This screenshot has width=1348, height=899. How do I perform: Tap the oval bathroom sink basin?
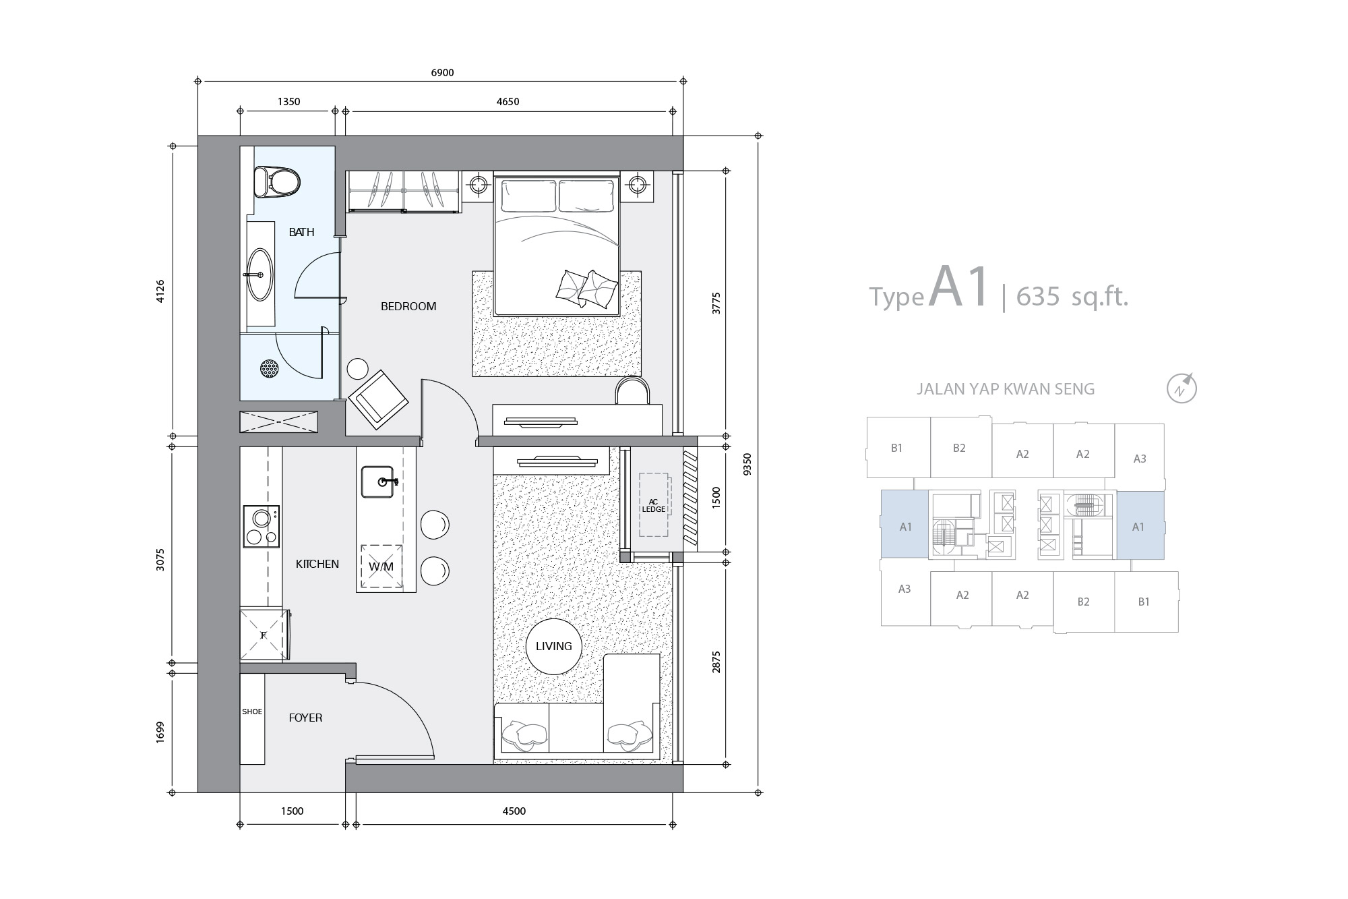(x=260, y=274)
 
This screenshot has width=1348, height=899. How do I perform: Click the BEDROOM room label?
(x=408, y=306)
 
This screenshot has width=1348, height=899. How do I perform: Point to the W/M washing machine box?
(x=381, y=567)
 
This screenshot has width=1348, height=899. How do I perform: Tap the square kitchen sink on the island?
(x=379, y=482)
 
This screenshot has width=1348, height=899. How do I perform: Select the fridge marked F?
(x=264, y=635)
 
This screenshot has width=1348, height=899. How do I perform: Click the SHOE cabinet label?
(x=252, y=712)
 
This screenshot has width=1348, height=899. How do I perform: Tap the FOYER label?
(x=305, y=718)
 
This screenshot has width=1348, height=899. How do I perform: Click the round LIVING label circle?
(x=553, y=647)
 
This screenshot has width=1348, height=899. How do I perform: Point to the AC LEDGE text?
(x=653, y=505)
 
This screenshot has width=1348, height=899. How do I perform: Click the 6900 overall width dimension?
(x=442, y=73)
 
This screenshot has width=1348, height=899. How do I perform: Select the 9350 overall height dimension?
(x=745, y=465)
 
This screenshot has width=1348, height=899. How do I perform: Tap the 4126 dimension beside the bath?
(x=160, y=291)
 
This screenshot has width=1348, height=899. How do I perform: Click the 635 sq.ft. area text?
(x=1072, y=296)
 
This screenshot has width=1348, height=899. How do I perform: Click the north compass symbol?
(x=1182, y=388)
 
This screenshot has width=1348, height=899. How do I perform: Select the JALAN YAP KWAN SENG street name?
(x=1006, y=389)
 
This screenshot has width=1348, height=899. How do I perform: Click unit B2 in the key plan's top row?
(x=959, y=448)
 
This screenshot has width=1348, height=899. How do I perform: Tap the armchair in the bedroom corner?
(x=377, y=399)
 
